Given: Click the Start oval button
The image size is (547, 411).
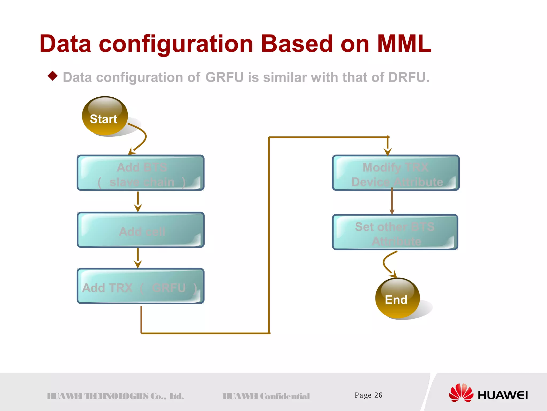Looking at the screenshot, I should click(x=104, y=116).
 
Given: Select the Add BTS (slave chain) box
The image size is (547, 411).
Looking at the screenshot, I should click(x=140, y=173).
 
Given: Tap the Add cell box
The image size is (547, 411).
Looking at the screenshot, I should click(x=140, y=230).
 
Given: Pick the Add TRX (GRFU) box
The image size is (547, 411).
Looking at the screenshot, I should click(x=140, y=286).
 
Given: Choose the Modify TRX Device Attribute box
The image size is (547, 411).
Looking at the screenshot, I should click(x=396, y=173).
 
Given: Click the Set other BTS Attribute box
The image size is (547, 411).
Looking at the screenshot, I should click(x=395, y=232).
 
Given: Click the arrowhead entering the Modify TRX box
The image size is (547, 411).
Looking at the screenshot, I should click(x=388, y=151).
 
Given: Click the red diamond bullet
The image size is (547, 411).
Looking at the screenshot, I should click(x=53, y=76).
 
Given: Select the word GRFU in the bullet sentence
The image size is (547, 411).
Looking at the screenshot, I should click(x=224, y=77).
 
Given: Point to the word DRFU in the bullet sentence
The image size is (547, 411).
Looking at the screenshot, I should click(x=408, y=77).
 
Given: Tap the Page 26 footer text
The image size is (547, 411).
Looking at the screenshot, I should click(x=368, y=395).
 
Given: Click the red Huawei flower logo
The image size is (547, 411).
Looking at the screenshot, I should click(x=461, y=393).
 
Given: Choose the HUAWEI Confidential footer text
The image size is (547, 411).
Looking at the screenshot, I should click(x=266, y=396).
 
